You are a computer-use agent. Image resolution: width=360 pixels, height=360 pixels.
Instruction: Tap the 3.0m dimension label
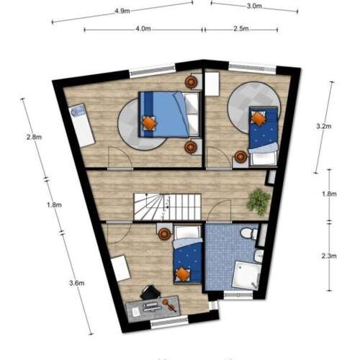click(x=253, y=6)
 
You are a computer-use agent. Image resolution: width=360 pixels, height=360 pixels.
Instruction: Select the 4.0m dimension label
click(x=143, y=29)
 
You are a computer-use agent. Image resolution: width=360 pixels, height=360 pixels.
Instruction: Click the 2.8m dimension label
click(x=32, y=137)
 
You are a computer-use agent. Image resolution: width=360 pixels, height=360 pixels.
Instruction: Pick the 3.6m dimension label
click(x=73, y=283)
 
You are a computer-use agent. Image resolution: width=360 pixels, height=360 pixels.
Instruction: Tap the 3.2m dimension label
click(x=324, y=126)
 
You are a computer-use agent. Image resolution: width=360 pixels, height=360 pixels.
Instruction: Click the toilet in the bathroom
click(x=247, y=234)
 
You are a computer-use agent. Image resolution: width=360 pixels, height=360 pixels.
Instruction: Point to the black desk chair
click(x=150, y=292)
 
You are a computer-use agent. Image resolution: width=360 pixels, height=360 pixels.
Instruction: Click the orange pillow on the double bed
click(x=148, y=123)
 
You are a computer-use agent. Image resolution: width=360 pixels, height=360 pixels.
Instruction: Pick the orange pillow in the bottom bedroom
click(x=184, y=274)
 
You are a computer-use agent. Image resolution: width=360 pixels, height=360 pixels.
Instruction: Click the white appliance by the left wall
click(x=78, y=115)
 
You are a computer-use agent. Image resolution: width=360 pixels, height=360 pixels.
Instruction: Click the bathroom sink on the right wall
click(x=258, y=256)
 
